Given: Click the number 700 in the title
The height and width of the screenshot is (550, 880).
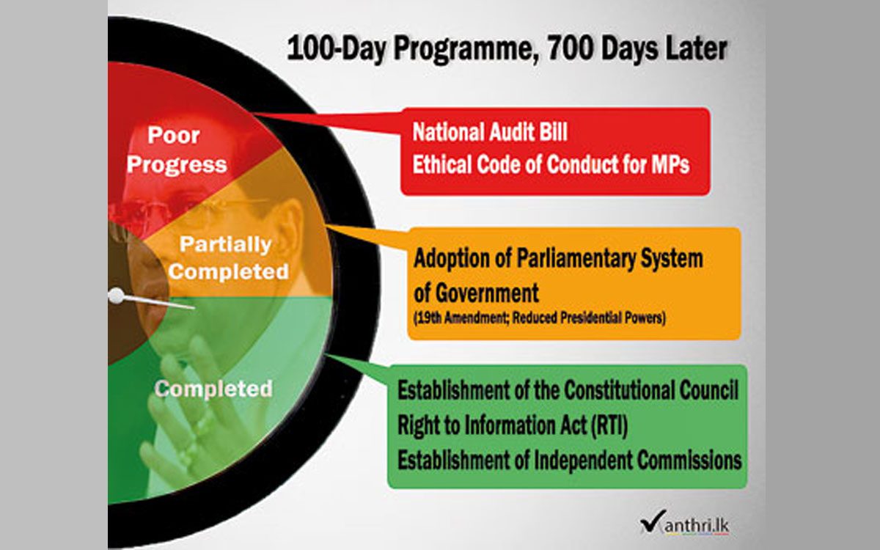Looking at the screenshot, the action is pos(569,48).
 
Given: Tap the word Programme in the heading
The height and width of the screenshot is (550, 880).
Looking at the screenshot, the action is pos(463,51).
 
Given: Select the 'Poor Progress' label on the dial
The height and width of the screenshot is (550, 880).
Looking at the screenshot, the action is pos(177,150).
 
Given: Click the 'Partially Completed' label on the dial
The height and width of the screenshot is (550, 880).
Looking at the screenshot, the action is pos(229,258).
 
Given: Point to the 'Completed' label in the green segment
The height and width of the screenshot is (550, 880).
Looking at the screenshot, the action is pos(213,389).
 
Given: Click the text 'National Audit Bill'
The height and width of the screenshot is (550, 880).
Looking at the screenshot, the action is pos(490,131).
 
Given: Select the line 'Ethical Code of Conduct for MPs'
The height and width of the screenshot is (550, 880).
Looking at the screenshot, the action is pos(551,164).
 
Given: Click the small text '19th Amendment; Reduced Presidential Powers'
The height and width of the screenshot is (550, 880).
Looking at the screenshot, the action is pos(540,318).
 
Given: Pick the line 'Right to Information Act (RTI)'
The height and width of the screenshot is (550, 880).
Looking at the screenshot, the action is pos(513,425).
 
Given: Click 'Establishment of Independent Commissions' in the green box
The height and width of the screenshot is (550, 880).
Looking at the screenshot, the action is pos(570,460).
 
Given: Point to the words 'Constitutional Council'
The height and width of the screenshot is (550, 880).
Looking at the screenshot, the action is pos(651,390).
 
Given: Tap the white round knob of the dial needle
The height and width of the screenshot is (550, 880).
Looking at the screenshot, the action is pos(116,296).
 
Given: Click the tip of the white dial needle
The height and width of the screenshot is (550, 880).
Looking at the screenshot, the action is pos(195,307).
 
